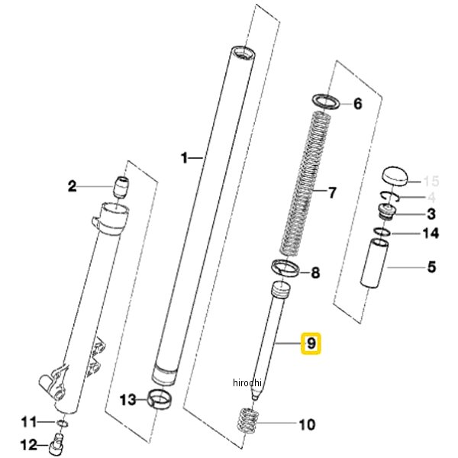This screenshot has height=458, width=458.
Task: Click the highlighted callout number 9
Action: pyautogui.click(x=311, y=343)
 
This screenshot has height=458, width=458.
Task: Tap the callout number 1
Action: pyautogui.click(x=184, y=158)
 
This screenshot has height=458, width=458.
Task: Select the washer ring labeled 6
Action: pyautogui.click(x=326, y=102)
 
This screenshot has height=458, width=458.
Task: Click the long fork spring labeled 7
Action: pyautogui.click(x=305, y=184)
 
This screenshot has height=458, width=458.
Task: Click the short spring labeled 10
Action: pyautogui.click(x=247, y=421)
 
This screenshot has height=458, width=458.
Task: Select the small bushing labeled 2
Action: pyautogui.click(x=121, y=187)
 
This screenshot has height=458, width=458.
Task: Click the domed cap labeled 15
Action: pyautogui.click(x=395, y=176)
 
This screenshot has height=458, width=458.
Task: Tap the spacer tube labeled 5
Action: pyautogui.click(x=375, y=263)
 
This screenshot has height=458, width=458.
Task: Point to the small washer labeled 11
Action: pyautogui.click(x=62, y=423)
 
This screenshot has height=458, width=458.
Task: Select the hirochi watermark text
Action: pyautogui.click(x=247, y=382)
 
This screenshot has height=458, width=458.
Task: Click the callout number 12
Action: pyautogui.click(x=29, y=445)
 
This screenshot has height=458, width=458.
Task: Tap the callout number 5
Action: pyautogui.click(x=431, y=267)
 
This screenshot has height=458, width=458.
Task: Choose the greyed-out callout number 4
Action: pyautogui.click(x=431, y=198)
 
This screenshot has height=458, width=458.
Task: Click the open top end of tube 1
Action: pyautogui.click(x=243, y=53)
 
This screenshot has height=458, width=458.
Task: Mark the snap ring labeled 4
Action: pyautogui.click(x=389, y=198)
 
